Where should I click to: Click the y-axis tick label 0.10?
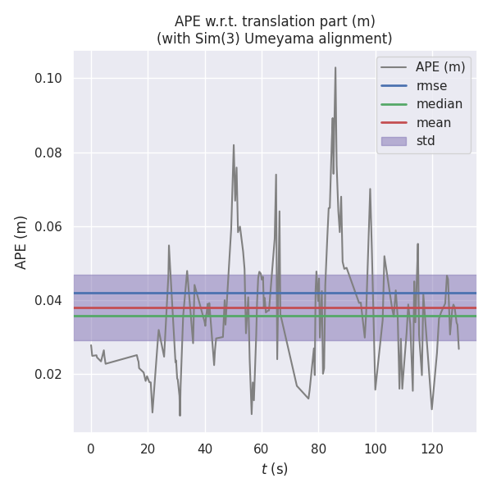click(x=51, y=79)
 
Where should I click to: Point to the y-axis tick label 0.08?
click(x=51, y=153)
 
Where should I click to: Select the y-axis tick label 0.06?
click(x=51, y=227)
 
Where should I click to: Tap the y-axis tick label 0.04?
click(x=51, y=301)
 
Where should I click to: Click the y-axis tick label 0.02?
click(x=51, y=375)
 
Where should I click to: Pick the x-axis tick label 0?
click(x=91, y=449)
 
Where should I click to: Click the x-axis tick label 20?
click(x=148, y=449)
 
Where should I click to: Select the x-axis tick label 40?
click(x=204, y=449)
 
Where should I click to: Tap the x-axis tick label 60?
click(x=262, y=449)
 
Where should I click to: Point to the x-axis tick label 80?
click(x=318, y=449)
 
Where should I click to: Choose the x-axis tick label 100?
click(x=375, y=449)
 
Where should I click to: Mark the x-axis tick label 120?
click(x=432, y=449)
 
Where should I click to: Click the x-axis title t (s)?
click(x=275, y=469)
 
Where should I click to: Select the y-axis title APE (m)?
click(x=21, y=242)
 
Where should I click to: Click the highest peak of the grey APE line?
click(x=335, y=67)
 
